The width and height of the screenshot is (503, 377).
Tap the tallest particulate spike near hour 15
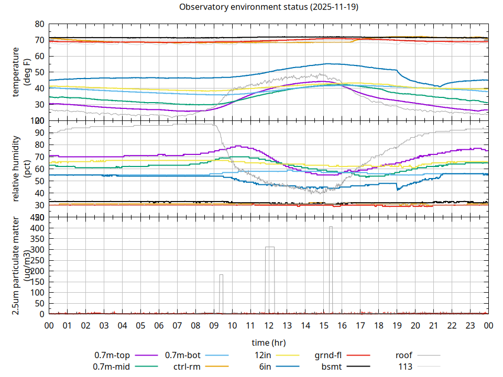coord(331,270)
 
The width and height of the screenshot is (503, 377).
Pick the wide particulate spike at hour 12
coord(270,280)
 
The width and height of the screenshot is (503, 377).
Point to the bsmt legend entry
coord(331,367)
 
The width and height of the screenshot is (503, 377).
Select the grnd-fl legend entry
coord(327,356)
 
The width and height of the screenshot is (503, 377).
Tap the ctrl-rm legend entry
coord(187,367)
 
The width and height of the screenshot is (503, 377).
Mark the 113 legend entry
coord(406,367)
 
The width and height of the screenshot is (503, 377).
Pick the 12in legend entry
coord(263,356)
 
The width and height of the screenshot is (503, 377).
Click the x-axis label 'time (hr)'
coord(268,343)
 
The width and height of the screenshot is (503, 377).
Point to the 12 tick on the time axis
coord(269,325)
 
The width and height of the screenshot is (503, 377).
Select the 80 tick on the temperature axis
coord(39,24)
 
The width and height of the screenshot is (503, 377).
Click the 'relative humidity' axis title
coord(16,169)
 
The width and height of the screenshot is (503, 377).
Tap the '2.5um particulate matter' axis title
coord(16,266)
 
